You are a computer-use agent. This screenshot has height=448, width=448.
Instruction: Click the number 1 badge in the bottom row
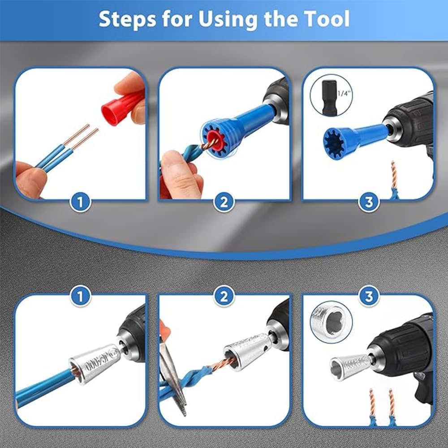[81, 296]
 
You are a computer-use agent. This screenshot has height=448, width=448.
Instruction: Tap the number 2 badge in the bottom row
[224, 296]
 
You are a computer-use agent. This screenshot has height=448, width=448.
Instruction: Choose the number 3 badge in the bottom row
[368, 296]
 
